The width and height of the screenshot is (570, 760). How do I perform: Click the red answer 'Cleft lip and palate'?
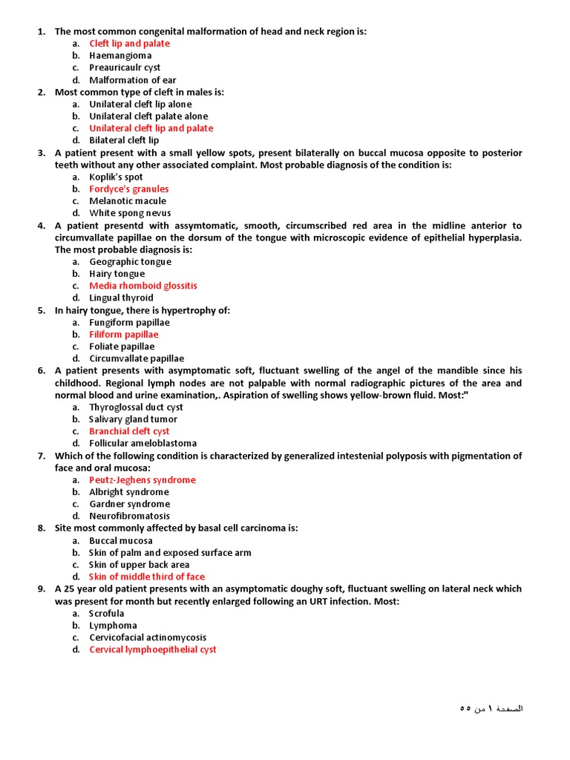pos(129,43)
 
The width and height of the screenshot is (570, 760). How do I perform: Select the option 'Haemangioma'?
pos(120,56)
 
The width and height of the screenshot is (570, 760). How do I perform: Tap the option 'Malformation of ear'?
pos(133,80)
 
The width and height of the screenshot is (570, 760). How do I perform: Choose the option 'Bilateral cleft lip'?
pos(124,140)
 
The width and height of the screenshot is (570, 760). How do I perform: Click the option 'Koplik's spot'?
pos(116,177)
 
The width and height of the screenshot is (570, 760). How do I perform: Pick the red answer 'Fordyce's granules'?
pos(129,189)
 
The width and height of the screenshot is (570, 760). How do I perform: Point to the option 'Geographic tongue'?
pos(130,262)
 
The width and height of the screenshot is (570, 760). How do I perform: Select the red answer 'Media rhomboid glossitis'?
pos(143,286)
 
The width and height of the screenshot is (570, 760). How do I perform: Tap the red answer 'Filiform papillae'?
pos(124,335)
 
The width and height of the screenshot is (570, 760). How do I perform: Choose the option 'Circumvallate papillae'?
pos(137,358)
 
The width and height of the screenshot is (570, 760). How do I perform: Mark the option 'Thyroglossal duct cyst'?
pos(136,407)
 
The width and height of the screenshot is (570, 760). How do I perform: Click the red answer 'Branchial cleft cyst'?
pos(129,431)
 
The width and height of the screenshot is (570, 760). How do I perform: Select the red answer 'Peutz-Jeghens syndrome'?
pos(142,480)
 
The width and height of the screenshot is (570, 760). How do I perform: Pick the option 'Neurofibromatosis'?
pos(129,516)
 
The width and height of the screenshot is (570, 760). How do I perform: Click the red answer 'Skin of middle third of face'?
pos(147,577)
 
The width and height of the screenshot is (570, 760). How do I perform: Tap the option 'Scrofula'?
pos(107,614)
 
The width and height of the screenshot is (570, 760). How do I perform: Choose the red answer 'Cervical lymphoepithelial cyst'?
pos(153,649)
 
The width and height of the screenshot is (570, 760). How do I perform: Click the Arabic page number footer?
pos(491,709)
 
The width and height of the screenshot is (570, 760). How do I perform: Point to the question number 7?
pos(42,456)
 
